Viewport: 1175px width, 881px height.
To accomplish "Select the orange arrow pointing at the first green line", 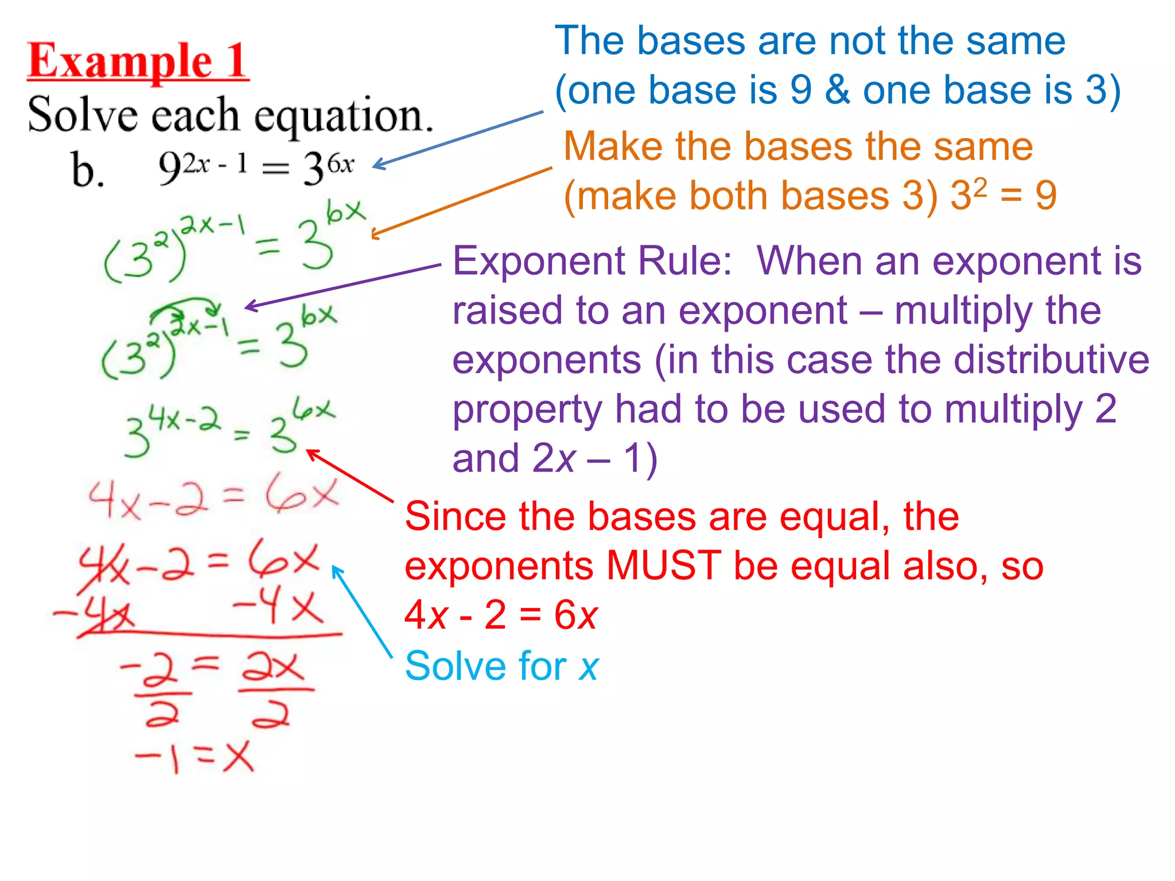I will click(x=461, y=202).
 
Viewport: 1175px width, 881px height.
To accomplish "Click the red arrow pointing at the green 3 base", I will click(x=350, y=475).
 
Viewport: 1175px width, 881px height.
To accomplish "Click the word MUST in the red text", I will click(x=663, y=566).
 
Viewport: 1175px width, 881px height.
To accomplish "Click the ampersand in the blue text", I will click(x=837, y=90).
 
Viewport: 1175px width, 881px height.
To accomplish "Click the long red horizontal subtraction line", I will click(x=210, y=635).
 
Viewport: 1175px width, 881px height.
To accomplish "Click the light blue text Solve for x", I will click(x=501, y=666).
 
